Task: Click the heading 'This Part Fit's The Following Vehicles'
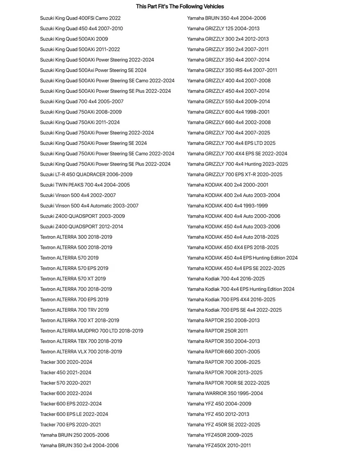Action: [180, 7]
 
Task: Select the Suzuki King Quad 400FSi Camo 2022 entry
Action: [80, 18]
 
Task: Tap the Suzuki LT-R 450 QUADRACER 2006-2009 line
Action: [86, 175]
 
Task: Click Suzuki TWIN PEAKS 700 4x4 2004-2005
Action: [85, 185]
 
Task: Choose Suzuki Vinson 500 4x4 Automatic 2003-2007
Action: [89, 206]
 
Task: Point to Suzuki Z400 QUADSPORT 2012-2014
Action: [81, 227]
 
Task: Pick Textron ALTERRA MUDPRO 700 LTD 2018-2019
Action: [91, 331]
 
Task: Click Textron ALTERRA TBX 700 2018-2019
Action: [81, 341]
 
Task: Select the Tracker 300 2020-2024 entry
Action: [66, 362]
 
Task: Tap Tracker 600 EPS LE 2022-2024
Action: [74, 414]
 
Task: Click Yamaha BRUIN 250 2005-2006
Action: [75, 435]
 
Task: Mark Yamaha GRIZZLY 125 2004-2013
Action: [223, 29]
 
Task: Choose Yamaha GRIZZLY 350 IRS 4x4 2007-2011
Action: [232, 70]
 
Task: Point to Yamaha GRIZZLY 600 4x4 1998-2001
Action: [228, 112]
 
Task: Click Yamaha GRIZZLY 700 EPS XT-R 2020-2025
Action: [234, 175]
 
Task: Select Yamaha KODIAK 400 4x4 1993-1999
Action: [228, 206]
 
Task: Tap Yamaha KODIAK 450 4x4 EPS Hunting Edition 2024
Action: [242, 258]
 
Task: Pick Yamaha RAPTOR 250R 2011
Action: [217, 331]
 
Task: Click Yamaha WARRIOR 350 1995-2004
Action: [225, 393]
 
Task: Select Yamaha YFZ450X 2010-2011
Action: [218, 446]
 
